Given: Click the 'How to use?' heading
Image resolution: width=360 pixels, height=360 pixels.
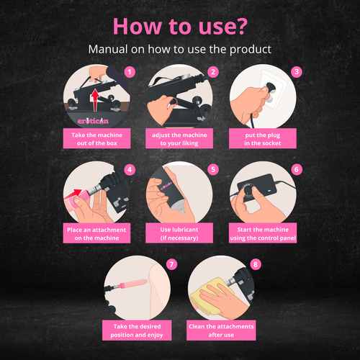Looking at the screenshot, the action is pos(180,26).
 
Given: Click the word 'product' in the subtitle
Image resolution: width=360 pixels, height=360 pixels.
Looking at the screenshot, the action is pos(251,50).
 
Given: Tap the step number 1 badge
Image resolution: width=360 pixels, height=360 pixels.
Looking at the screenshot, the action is pos(130,72).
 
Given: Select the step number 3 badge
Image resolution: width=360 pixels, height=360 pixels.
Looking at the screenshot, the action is pos(297,71).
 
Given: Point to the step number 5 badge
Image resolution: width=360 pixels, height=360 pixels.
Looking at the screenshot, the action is pos(213,169).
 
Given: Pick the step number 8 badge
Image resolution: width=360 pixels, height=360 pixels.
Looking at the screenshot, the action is pos(256,264).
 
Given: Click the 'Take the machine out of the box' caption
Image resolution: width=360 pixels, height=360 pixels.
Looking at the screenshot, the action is pos(96,139).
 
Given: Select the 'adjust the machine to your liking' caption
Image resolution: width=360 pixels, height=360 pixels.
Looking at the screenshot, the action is pos(179,139).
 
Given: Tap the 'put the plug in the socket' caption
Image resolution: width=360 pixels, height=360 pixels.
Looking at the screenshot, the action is pos(263,139).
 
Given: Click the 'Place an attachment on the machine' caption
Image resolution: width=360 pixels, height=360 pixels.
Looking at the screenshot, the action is pos(96,233).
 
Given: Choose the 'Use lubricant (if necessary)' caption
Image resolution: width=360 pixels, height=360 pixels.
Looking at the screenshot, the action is pos(179,233).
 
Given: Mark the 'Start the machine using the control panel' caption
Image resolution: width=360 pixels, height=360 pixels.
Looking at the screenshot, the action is pos(263,233).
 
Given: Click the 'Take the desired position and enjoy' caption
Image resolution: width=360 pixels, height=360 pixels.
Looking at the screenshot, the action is pos(137,330).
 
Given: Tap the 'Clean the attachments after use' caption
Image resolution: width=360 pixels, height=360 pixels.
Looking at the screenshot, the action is pos(221,330).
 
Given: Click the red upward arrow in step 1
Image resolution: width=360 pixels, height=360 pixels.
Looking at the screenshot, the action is pos(95,100).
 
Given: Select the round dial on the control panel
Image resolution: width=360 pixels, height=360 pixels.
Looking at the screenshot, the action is pos(248,192).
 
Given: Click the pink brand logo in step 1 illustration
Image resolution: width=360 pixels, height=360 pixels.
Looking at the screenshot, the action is pos(93,121).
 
